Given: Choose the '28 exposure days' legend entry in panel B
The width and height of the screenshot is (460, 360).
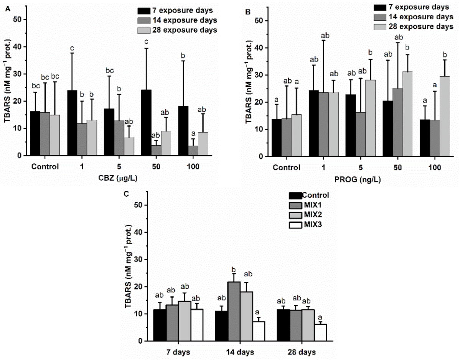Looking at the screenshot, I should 415,27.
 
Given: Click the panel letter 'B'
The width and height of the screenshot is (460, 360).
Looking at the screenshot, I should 248,12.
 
